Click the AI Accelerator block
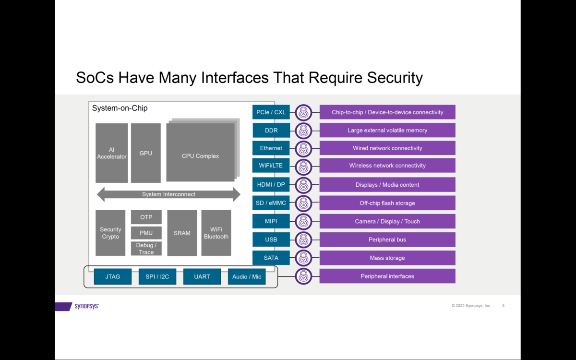pos(111,153)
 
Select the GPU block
pos(145,153)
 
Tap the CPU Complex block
pos(200,153)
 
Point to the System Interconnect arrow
pos(168,194)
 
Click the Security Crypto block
pos(110,233)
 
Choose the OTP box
pos(146,217)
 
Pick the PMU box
pos(146,233)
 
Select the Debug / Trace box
pos(146,249)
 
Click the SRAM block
pos(182,233)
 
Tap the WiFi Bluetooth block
pos(216,233)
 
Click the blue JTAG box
pos(112,276)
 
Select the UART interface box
pos(202,276)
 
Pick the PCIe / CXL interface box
pos(271,112)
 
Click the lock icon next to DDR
pos(303,131)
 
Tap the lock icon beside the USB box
pos(303,240)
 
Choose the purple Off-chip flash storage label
pos(387,203)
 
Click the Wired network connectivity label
pos(387,148)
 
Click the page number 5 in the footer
pos(503,306)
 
